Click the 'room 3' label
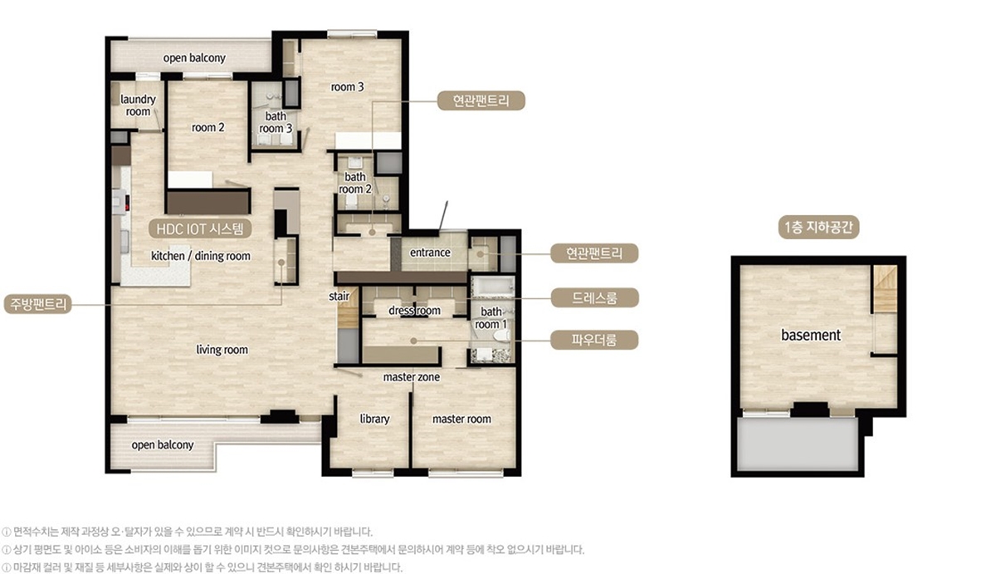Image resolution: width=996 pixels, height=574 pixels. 347,86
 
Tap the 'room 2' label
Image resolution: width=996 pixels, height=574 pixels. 208,128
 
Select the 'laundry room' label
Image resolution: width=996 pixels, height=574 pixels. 138,105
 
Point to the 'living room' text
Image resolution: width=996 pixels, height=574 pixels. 222,350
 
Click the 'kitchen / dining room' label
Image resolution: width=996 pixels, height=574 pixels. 201,256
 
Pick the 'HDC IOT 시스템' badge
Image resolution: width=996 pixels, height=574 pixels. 200,228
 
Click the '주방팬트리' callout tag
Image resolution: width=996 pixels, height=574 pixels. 38,304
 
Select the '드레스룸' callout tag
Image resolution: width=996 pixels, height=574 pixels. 594,297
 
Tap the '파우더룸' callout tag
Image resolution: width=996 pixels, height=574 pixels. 594,340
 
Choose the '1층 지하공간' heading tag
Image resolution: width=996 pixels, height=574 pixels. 818,228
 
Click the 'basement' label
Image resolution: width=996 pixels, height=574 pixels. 811,335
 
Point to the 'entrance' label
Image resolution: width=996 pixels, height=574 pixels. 430,253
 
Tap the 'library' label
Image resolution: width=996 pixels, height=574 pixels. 374,419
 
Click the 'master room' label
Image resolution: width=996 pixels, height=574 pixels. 461,419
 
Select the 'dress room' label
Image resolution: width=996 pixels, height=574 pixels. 414,311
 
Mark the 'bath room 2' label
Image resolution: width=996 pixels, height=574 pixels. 355,183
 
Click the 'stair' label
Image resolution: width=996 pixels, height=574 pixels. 339,296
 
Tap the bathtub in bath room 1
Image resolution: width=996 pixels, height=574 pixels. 492,287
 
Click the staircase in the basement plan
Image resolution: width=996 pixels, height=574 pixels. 885,289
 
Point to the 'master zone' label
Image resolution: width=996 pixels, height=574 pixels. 412,377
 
